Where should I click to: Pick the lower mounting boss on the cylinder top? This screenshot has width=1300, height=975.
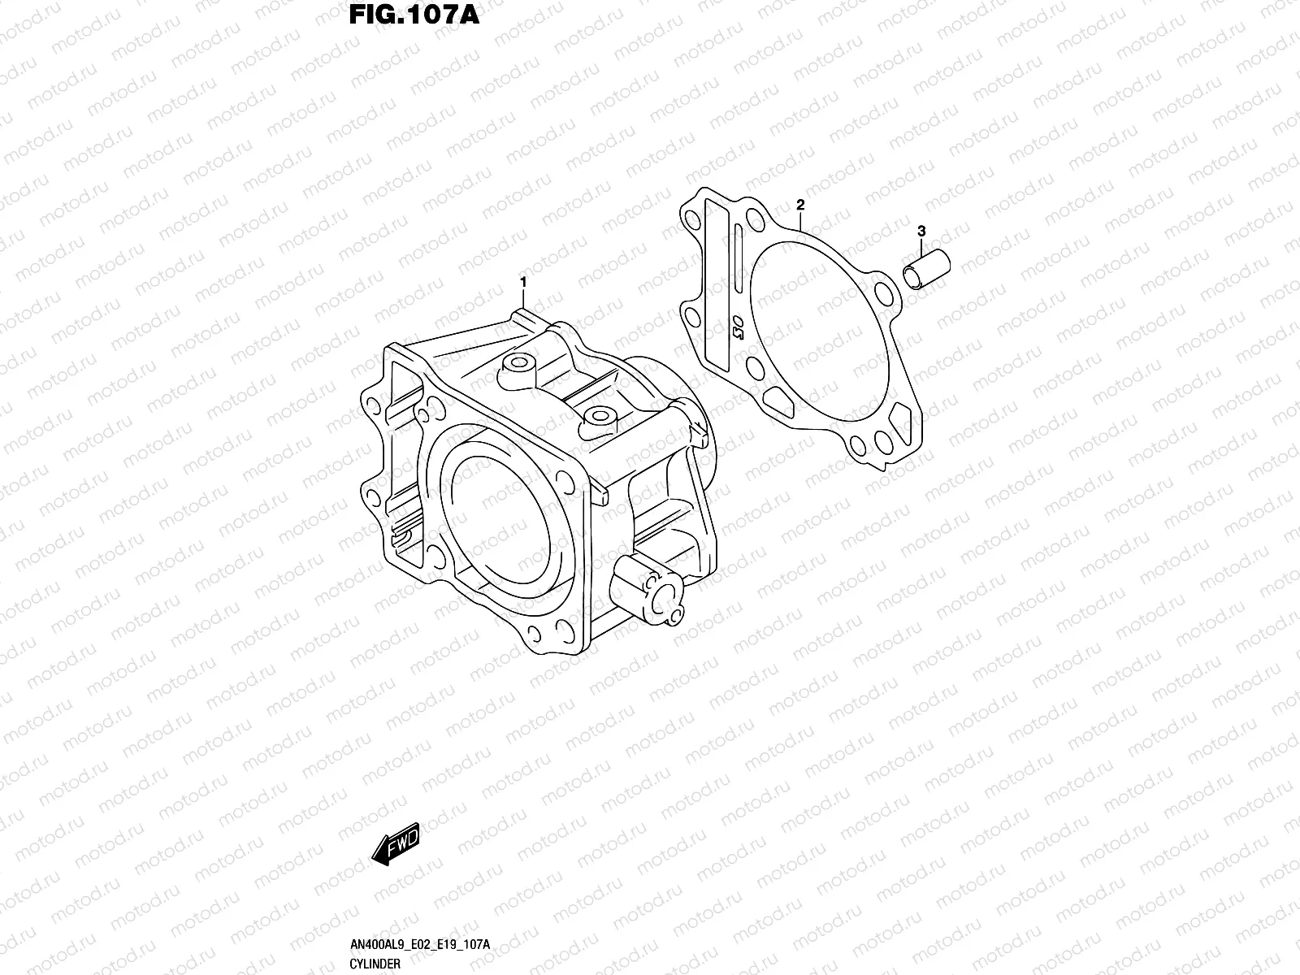pyautogui.click(x=600, y=419)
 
